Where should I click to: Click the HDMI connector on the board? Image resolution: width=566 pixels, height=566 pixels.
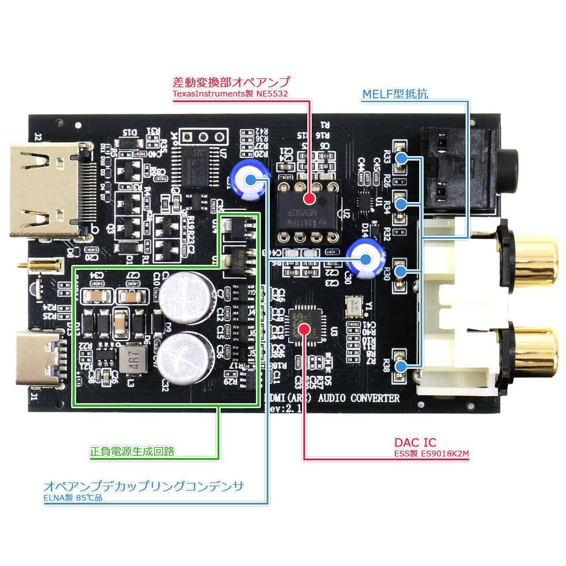[49, 190]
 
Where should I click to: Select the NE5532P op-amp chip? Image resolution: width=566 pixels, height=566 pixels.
[307, 212]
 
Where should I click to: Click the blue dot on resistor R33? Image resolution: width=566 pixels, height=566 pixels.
[402, 157]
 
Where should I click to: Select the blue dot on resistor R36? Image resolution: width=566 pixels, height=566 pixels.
[401, 367]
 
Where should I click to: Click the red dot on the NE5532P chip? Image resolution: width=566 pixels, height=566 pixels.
[310, 199]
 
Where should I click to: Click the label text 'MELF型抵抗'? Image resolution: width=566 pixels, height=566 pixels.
[395, 94]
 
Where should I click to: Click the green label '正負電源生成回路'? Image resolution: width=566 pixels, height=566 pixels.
[132, 451]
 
